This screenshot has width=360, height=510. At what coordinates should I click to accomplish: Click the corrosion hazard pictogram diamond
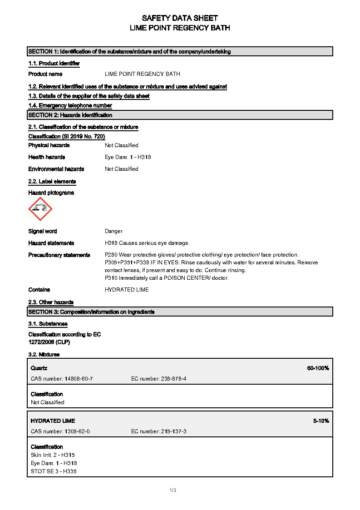40,209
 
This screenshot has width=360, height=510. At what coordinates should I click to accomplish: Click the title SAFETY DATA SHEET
180,18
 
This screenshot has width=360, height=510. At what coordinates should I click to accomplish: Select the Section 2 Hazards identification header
70,115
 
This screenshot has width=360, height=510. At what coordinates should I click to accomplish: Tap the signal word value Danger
113,231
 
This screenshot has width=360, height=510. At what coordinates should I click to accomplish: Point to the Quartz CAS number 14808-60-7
62,379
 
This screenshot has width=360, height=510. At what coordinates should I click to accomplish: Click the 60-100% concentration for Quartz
318,368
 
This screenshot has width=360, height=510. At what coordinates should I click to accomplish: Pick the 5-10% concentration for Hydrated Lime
321,421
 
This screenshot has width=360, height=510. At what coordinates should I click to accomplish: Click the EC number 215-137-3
158,431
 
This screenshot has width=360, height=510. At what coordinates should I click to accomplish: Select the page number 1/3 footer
173,490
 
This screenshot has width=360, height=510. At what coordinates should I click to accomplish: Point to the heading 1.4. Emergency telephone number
70,106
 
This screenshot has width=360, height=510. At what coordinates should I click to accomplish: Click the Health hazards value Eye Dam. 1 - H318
128,157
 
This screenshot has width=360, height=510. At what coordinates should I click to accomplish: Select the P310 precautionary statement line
167,278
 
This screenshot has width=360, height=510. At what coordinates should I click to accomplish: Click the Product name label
45,74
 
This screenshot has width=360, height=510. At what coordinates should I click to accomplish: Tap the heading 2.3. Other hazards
51,302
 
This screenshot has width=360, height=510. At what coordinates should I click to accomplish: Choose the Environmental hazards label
56,169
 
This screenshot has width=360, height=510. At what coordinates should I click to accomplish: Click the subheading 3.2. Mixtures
44,355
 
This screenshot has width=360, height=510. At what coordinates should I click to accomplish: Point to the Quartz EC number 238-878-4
158,379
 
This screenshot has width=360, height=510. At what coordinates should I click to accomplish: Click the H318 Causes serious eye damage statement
147,243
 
